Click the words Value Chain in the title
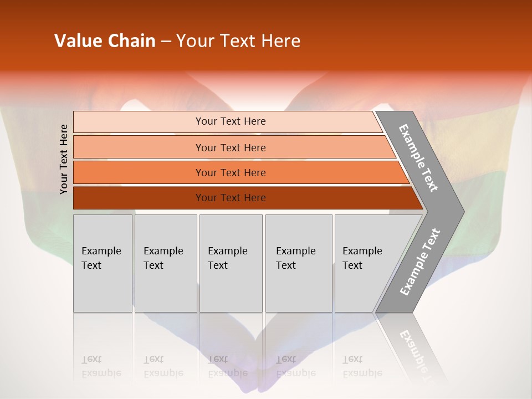click(x=105, y=41)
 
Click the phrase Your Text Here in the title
click(x=238, y=41)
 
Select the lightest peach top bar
click(x=139, y=121)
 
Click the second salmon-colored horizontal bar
click(x=139, y=147)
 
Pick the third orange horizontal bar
click(x=139, y=172)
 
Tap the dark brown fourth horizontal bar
click(x=139, y=198)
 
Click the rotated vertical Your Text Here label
click(x=64, y=159)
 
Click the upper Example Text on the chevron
click(x=418, y=158)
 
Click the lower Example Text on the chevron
click(x=420, y=262)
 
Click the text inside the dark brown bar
click(x=231, y=198)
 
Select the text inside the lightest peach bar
click(x=231, y=121)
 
